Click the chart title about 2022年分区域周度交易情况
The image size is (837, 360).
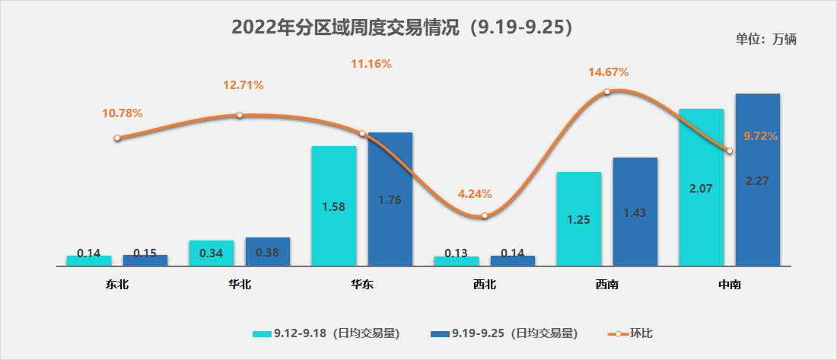coord(402,27)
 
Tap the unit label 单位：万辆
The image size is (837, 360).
coord(765,40)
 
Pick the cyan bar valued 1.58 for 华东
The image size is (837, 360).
coord(334,206)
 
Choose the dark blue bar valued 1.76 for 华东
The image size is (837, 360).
coord(390,199)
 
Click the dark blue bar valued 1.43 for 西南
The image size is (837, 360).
coord(635,212)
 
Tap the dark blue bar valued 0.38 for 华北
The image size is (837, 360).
coord(268,252)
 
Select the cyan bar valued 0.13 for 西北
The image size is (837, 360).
coord(457,261)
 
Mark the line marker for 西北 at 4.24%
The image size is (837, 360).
coord(485,215)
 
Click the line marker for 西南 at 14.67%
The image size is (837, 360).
coord(607,92)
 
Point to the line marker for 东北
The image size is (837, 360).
coord(117,139)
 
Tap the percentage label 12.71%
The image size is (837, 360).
coord(243,85)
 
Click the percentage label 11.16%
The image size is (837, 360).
coord(371,64)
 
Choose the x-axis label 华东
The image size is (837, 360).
coord(362,285)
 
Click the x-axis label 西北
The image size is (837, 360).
coord(485,285)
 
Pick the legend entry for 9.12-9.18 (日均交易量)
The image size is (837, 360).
coord(327,333)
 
